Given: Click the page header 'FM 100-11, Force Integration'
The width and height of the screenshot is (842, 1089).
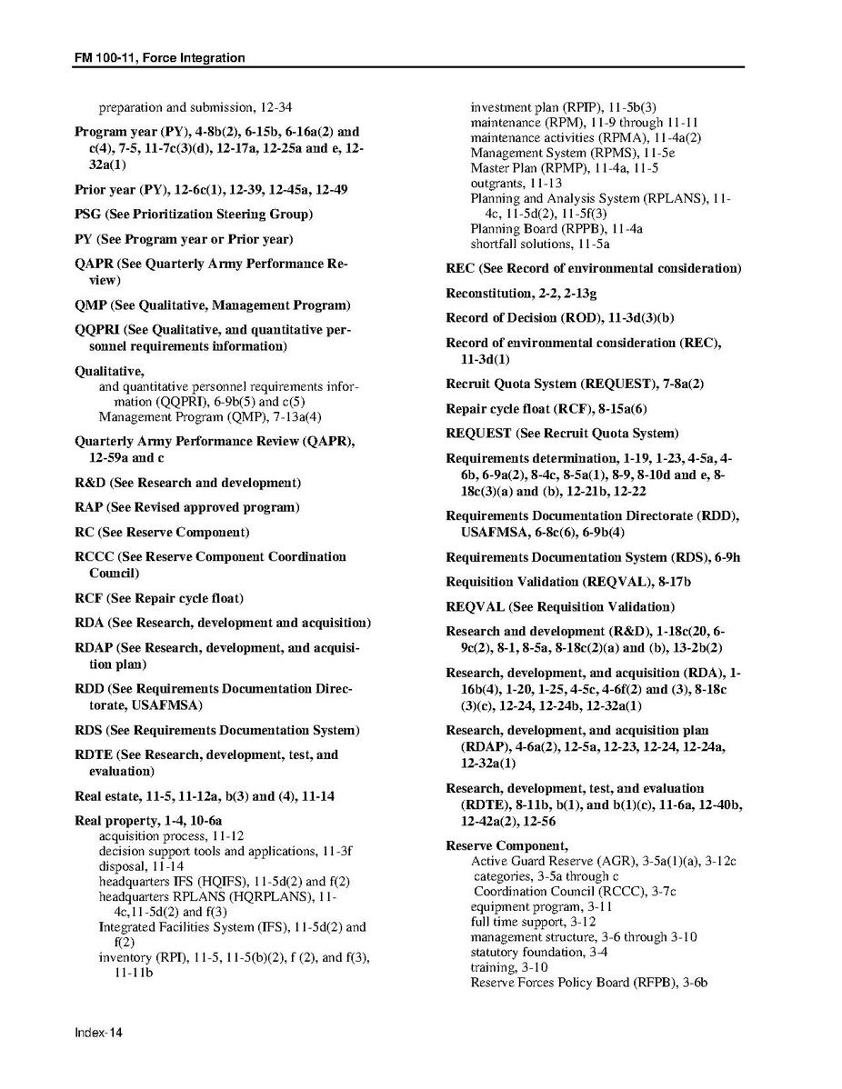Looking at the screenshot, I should click(160, 58).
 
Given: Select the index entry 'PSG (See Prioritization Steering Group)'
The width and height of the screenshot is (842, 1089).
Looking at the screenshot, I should click(194, 215).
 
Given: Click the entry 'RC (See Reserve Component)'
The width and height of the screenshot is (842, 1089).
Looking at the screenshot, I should click(162, 532).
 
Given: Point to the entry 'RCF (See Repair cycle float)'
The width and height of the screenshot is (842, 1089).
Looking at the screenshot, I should click(159, 598).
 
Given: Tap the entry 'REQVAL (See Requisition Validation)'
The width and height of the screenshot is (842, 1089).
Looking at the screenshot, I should click(560, 606).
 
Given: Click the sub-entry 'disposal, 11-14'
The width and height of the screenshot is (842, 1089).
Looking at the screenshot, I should click(141, 866).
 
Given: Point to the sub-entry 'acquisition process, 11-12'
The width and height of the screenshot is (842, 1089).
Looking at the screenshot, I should click(171, 835).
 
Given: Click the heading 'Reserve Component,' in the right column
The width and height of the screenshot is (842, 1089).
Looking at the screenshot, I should click(506, 845).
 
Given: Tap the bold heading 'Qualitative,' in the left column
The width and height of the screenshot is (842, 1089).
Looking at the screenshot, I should click(109, 371).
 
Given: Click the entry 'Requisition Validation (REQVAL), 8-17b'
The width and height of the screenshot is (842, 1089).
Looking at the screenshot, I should click(568, 581).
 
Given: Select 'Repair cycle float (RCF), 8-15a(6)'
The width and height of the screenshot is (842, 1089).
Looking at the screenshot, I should click(546, 408).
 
